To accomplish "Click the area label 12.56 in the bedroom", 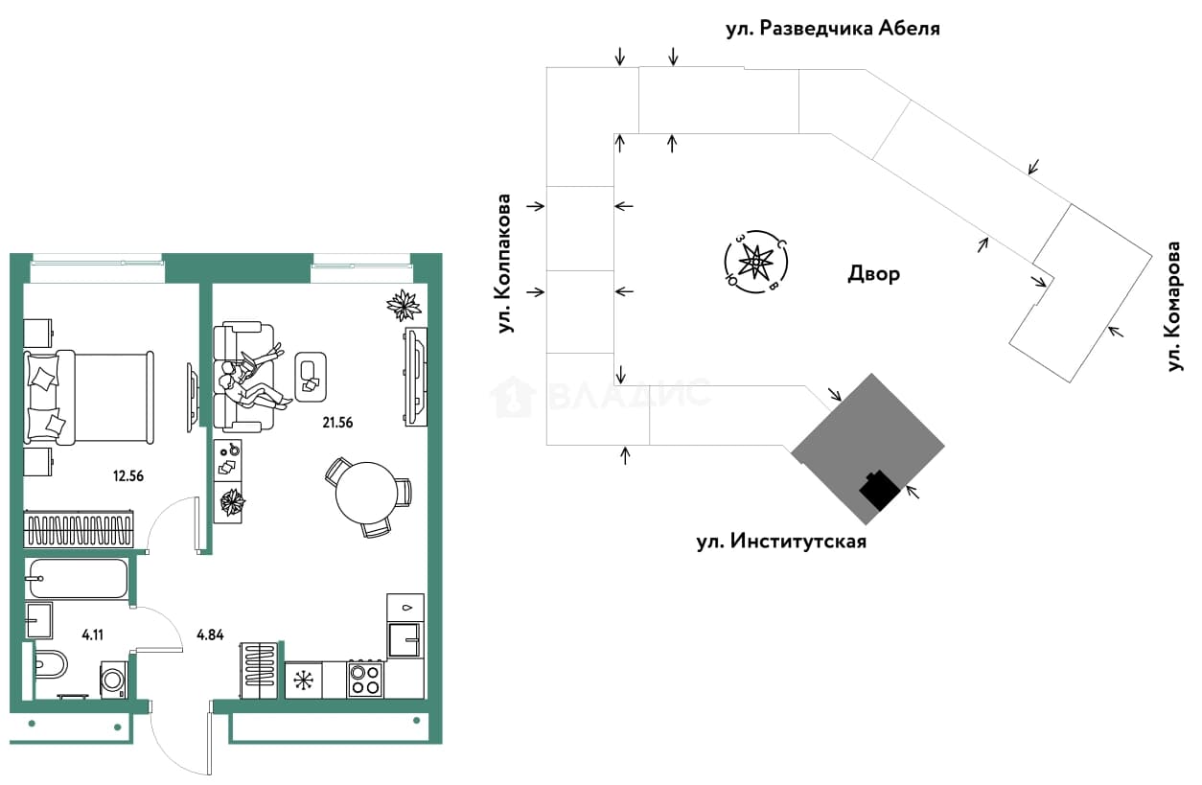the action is tap(128, 476).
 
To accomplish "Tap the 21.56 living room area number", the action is tap(337, 423).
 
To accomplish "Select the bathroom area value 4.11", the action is tap(92, 635).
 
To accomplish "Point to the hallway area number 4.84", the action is tap(210, 635).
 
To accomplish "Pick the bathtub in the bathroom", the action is tap(79, 578).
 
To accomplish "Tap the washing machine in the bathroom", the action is tap(114, 681).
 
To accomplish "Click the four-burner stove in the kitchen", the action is tap(365, 681).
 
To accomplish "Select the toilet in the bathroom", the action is tap(50, 665).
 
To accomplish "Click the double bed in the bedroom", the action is tap(88, 398).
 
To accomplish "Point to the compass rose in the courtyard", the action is tap(756, 263).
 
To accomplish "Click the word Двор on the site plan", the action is tap(873, 274).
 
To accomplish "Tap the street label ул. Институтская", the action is tap(781, 541).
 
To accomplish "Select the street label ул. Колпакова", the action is tap(504, 264).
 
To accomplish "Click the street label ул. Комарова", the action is tap(1174, 307).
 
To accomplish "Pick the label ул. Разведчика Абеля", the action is tap(833, 29).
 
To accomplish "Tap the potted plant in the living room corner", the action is tap(404, 306).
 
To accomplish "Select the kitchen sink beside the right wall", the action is tap(405, 639).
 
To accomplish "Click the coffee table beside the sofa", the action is tap(311, 377).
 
